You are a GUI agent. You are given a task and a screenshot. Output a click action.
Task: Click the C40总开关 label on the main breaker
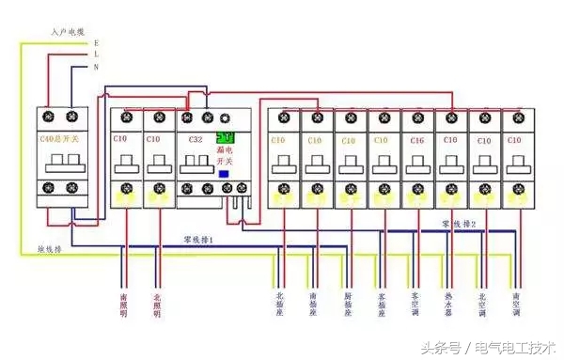click(x=55, y=139)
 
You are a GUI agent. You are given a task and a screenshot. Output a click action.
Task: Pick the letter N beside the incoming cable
click(x=96, y=67)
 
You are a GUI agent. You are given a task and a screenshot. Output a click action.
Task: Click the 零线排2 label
click(x=459, y=224)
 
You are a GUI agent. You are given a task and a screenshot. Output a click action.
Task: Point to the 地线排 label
click(x=50, y=250)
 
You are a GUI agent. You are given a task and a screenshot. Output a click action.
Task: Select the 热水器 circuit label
click(x=448, y=306)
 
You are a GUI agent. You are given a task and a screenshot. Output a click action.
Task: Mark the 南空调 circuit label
click(x=515, y=306)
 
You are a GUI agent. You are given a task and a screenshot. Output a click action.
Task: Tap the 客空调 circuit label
click(x=415, y=306)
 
